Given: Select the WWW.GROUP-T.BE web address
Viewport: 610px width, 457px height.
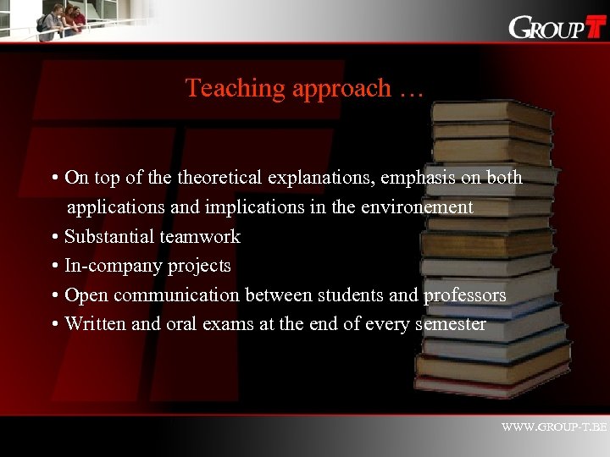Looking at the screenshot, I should click(554, 427).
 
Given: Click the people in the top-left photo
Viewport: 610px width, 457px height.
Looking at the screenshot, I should click(64, 19).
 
